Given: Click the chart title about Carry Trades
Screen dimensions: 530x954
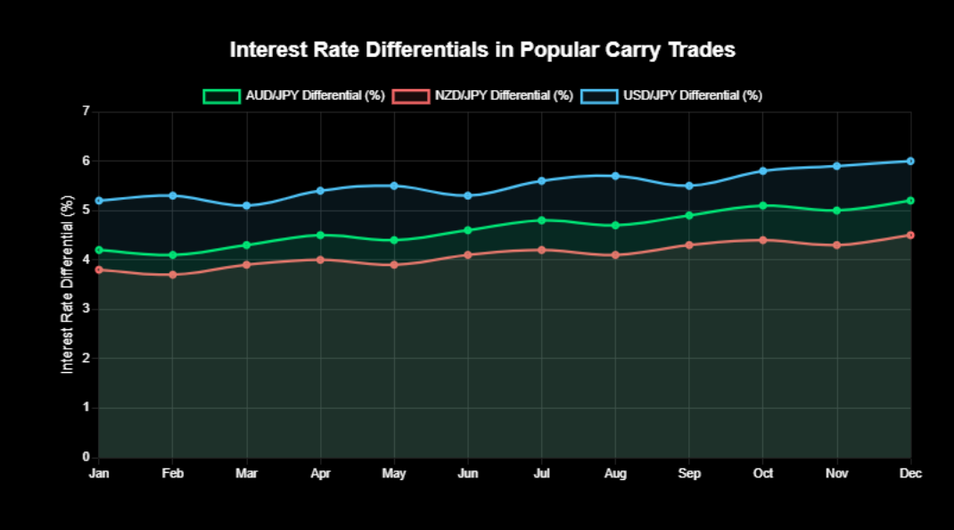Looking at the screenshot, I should pyautogui.click(x=482, y=50).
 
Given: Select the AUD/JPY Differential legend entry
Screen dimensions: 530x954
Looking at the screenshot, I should pyautogui.click(x=293, y=95).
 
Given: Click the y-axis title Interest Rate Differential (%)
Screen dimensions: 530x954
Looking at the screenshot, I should pyautogui.click(x=68, y=285).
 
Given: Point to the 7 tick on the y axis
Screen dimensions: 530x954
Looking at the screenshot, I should pyautogui.click(x=86, y=112).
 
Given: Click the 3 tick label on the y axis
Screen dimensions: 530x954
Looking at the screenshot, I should pyautogui.click(x=86, y=310).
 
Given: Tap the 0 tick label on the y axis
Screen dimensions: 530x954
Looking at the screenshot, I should pyautogui.click(x=86, y=457).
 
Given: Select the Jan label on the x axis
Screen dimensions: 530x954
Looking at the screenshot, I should pyautogui.click(x=99, y=474).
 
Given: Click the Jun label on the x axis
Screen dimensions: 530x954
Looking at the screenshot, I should pyautogui.click(x=468, y=474).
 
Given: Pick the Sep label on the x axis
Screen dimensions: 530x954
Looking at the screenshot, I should pyautogui.click(x=689, y=474).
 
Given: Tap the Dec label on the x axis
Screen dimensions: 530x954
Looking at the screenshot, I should pyautogui.click(x=910, y=474).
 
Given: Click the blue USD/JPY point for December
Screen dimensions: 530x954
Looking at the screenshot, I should pyautogui.click(x=910, y=161).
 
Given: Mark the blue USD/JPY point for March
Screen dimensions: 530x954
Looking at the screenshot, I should pyautogui.click(x=247, y=205).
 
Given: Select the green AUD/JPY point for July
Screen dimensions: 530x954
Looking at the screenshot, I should pyautogui.click(x=541, y=220).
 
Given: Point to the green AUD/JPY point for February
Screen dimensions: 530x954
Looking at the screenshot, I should pyautogui.click(x=173, y=255).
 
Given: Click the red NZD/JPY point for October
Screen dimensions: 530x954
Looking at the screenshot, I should pyautogui.click(x=763, y=240).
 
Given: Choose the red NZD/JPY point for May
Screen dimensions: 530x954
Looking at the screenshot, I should pyautogui.click(x=394, y=265).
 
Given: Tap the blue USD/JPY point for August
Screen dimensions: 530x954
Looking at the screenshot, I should pyautogui.click(x=615, y=176).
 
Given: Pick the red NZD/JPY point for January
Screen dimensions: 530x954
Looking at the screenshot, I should pyautogui.click(x=99, y=269).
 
